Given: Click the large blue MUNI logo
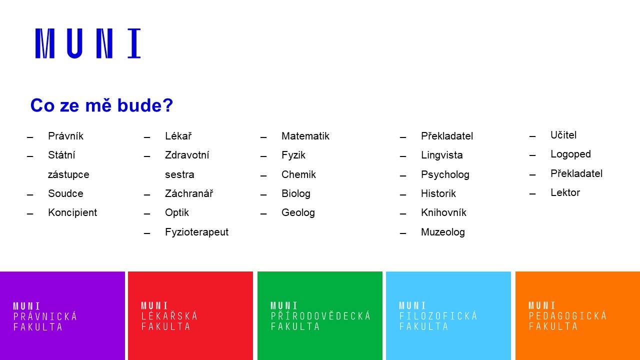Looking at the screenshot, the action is click(x=88, y=43).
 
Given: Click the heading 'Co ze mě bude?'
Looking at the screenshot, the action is click(x=101, y=105).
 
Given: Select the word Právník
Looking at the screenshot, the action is click(x=65, y=136).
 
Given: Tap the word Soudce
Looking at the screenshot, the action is click(x=65, y=193).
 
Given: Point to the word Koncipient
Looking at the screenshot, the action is click(x=72, y=213).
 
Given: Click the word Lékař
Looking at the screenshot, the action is click(x=178, y=136).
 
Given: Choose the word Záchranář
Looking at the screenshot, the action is click(x=189, y=193).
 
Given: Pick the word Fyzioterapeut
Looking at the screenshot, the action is click(x=196, y=232).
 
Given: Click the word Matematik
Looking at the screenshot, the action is click(x=305, y=136).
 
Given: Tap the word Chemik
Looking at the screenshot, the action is click(x=298, y=174).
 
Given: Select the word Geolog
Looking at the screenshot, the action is click(x=298, y=213).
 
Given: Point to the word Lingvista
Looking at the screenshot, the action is click(x=441, y=155).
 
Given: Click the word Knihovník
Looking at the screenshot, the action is click(x=443, y=212).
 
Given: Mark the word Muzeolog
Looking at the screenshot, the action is click(x=443, y=232).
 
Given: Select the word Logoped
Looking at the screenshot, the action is click(x=570, y=154).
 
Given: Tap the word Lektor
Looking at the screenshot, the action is click(x=565, y=192).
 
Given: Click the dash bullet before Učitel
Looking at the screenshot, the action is click(x=532, y=136).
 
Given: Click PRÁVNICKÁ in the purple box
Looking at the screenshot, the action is click(x=45, y=316).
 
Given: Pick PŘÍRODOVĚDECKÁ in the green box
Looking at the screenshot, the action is click(x=320, y=315).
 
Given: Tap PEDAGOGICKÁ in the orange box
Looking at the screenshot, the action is click(x=567, y=315).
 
